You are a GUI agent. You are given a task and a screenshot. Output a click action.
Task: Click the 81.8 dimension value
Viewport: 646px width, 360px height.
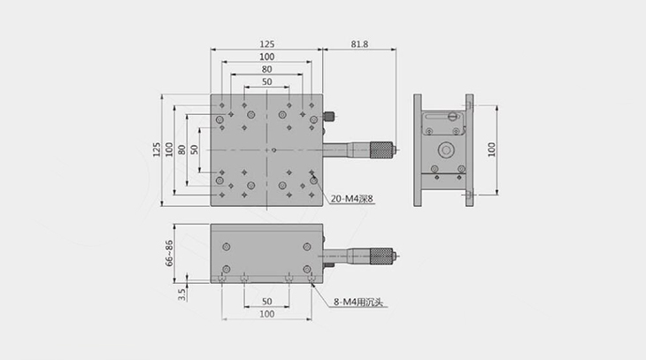point(359,44)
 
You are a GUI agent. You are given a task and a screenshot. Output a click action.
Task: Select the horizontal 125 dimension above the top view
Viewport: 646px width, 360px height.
point(267,44)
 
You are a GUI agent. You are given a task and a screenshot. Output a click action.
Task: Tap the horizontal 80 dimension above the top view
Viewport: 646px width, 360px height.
point(267,69)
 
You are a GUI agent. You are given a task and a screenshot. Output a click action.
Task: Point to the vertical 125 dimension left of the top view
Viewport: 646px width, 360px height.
point(157,149)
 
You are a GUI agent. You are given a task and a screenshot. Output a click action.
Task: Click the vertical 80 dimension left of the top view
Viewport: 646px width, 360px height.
point(181,149)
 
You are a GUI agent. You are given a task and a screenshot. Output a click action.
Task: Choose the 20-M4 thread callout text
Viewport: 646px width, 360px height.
point(352,199)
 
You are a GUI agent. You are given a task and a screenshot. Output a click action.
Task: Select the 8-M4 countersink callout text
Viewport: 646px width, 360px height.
point(358,302)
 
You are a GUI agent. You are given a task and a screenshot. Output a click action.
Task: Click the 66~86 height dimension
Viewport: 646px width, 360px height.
point(169,253)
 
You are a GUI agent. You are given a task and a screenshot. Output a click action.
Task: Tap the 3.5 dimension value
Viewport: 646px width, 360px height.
point(181,294)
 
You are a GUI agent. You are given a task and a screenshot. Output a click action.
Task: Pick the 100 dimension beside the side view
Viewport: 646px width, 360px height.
point(491,149)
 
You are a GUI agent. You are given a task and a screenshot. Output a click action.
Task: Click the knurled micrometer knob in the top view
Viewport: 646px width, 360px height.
point(381,150)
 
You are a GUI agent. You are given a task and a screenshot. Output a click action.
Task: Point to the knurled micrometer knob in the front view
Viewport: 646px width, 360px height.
point(381,257)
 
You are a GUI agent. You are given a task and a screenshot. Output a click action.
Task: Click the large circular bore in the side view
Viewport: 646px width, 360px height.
point(446,150)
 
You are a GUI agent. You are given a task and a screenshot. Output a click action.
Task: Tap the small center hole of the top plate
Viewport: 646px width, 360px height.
point(274,150)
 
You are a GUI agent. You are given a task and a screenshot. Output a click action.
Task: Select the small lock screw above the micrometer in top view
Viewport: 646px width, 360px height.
point(329,117)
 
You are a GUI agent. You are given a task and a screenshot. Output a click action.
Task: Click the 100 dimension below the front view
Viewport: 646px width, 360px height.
point(267,314)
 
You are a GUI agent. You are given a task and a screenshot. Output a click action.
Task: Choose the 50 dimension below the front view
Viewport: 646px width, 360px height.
point(267,302)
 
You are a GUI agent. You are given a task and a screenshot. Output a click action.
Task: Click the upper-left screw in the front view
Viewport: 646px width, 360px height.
point(227,247)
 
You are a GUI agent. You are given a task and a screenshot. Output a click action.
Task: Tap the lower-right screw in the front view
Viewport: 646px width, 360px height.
point(306,270)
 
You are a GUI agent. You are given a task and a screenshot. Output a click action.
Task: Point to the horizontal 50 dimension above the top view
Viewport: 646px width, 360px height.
point(267,81)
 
